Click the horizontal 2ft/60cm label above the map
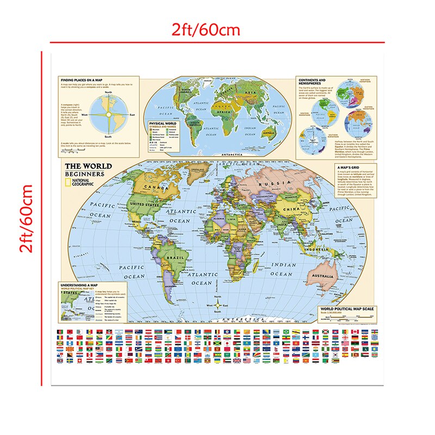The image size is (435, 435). pyautogui.click(x=206, y=29)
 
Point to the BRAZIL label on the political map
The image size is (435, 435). pyautogui.click(x=178, y=256)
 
